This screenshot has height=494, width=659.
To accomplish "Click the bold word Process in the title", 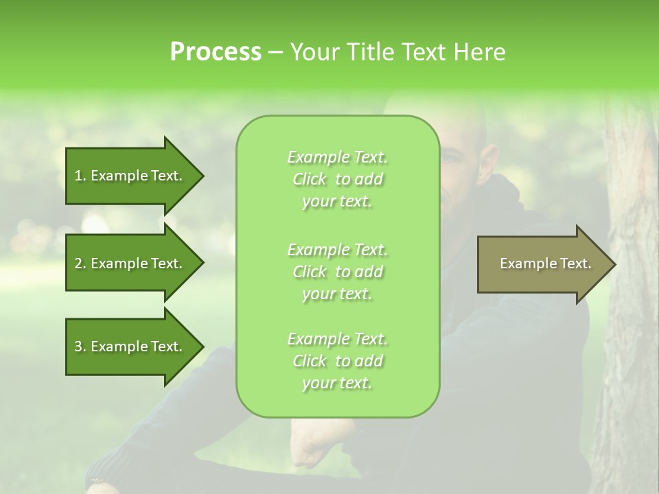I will point(216,52).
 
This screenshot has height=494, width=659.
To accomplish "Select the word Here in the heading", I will point(478,52).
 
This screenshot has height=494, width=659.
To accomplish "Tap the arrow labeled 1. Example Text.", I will point(130,176).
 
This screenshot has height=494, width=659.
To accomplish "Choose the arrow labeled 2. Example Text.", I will point(130,263).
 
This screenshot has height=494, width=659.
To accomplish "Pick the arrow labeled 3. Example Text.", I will point(130,346).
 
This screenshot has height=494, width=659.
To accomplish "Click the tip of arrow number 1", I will point(202,176).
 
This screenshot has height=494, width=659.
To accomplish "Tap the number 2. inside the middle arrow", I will point(80,263).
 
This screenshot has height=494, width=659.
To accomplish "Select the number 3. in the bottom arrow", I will point(80,346).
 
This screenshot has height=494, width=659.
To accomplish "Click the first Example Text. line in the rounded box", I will point(337,158).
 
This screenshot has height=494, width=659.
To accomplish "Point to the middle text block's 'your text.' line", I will point(337,294).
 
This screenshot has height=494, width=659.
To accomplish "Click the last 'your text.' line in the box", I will point(337,384).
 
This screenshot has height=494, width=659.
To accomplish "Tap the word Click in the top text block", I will point(310,180).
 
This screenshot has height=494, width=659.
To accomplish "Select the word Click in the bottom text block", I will point(310,362).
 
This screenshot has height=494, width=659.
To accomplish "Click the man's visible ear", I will point(487,161).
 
